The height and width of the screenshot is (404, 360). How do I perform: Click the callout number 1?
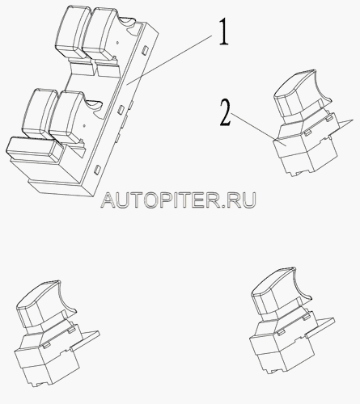point(223,32)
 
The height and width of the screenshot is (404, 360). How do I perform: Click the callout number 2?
point(226,112)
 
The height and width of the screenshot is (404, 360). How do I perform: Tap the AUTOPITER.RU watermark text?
point(178,200)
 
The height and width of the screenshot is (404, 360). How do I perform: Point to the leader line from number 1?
point(169,61)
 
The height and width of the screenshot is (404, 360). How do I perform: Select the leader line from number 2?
point(256,129)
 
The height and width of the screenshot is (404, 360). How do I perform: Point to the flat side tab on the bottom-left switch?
point(84,340)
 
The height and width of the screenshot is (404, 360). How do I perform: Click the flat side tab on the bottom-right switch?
point(320,327)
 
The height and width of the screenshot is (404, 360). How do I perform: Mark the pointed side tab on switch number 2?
point(342,124)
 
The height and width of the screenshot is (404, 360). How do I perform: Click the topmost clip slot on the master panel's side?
point(145,49)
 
